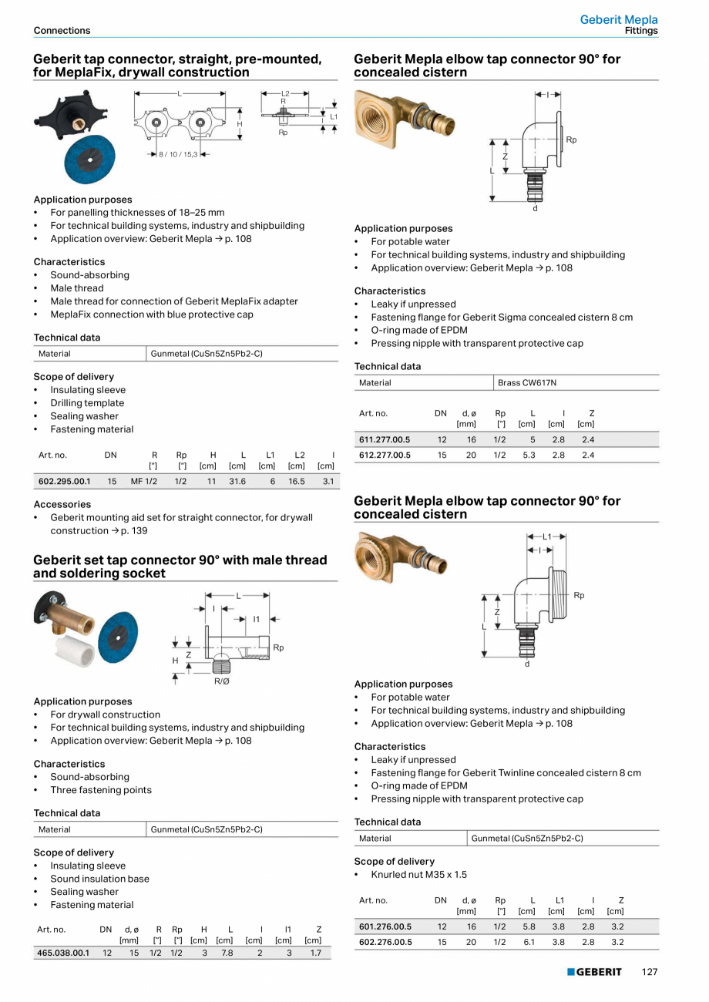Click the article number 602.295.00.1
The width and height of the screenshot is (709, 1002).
click(x=64, y=481)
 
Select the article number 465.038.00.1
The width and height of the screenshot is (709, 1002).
click(x=63, y=953)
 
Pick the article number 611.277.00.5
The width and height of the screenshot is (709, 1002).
click(x=385, y=439)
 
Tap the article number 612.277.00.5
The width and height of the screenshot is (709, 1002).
click(x=385, y=455)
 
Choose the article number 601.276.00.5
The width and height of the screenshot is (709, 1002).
click(x=385, y=926)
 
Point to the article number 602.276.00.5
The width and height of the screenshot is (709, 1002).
click(x=385, y=942)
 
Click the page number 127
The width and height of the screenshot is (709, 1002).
click(x=650, y=972)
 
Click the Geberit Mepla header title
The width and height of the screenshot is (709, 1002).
click(x=619, y=19)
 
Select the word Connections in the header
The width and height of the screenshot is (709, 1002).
click(x=62, y=31)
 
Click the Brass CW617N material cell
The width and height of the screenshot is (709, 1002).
click(x=527, y=382)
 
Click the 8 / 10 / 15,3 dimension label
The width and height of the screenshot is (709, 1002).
click(x=178, y=154)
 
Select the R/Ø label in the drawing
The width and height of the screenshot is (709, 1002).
click(x=221, y=681)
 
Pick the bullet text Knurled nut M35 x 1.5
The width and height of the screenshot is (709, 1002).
click(x=418, y=875)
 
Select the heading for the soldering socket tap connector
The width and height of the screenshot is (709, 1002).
click(x=180, y=567)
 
